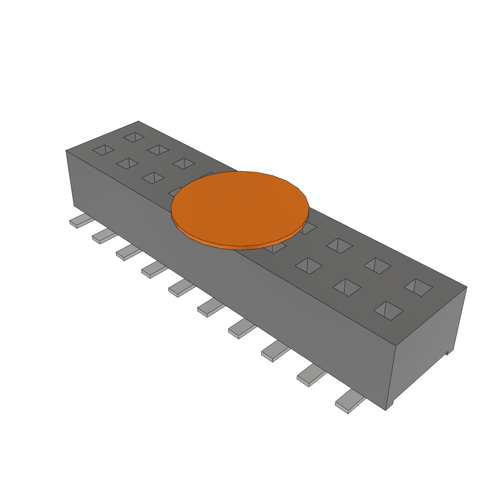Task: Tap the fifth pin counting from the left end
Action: pyautogui.click(x=181, y=288)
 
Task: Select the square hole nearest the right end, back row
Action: pyautogui.click(x=419, y=287)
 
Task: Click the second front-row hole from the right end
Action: pyautogui.click(x=347, y=287)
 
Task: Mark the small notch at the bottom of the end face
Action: pyautogui.click(x=449, y=351)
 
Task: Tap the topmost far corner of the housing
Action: pyautogui.click(x=138, y=121)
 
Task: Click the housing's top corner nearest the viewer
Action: pyautogui.click(x=395, y=346)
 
